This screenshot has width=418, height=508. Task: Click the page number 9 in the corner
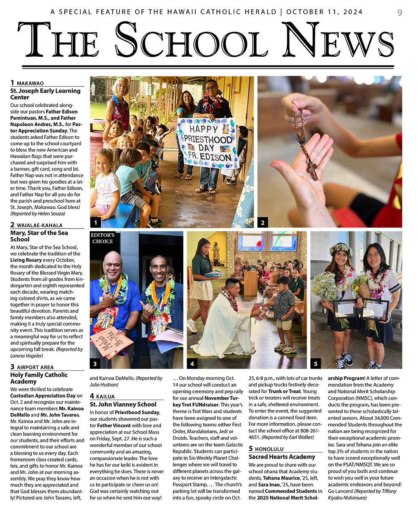pyautogui.click(x=400, y=13)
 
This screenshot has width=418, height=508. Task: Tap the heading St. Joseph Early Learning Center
pyautogui.click(x=45, y=94)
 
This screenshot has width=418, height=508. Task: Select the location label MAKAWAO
pyautogui.click(x=30, y=83)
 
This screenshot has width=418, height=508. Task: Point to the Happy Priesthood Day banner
pyautogui.click(x=207, y=143)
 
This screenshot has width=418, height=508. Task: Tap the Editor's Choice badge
pyautogui.click(x=103, y=238)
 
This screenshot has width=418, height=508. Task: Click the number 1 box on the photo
pyautogui.click(x=97, y=222)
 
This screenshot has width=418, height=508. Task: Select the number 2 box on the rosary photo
pyautogui.click(x=263, y=222)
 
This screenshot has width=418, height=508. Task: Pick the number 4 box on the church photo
pyautogui.click(x=193, y=363)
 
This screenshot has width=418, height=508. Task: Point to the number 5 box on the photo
pyautogui.click(x=316, y=363)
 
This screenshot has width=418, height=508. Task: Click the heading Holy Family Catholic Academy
pyautogui.click(x=39, y=378)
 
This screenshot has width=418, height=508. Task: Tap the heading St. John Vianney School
pyautogui.click(x=123, y=404)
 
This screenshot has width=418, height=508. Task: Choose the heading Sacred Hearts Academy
pyautogui.click(x=282, y=457)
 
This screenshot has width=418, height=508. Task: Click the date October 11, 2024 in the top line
pyautogui.click(x=324, y=12)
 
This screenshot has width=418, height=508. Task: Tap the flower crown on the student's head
pyautogui.click(x=341, y=248)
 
